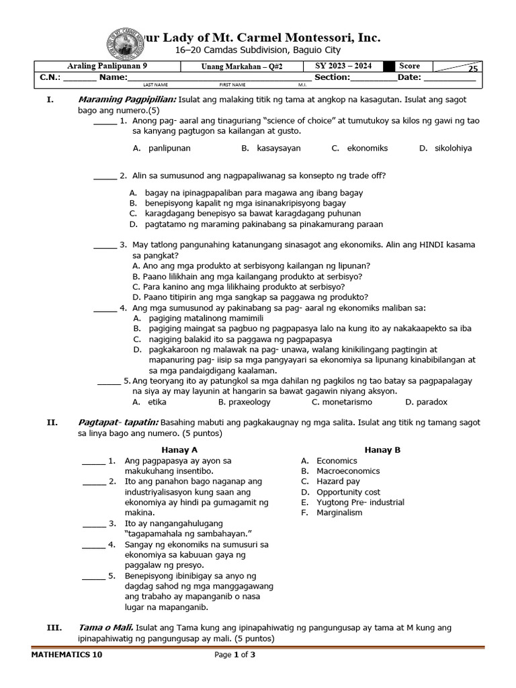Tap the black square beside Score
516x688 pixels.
(389, 66)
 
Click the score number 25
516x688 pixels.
(473, 69)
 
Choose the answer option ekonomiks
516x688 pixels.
(368, 148)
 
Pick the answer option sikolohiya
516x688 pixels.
(453, 148)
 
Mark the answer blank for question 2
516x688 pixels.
(104, 177)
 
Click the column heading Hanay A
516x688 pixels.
(179, 449)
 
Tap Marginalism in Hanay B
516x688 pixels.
(339, 513)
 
